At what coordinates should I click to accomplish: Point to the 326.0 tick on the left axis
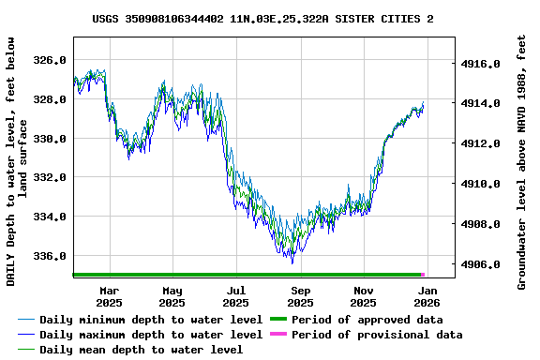(49, 60)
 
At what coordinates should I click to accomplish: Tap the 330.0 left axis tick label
(49, 139)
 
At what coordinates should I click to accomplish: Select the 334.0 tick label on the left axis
(49, 217)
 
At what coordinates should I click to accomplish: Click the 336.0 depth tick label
(49, 256)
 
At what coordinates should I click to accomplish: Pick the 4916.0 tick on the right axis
(483, 64)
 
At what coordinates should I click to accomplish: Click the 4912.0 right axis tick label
(483, 144)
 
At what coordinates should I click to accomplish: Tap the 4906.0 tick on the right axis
(483, 265)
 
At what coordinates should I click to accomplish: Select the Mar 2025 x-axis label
(109, 296)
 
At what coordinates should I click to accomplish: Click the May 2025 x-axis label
(172, 296)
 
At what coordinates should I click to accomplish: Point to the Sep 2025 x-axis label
(300, 296)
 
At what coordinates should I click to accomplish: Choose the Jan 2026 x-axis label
(427, 296)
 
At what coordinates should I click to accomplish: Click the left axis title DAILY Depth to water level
(17, 161)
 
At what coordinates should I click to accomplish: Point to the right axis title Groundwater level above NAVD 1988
(522, 161)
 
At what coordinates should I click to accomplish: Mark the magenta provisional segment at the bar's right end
(423, 275)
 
